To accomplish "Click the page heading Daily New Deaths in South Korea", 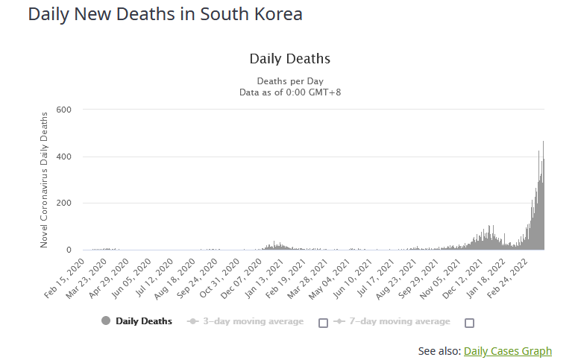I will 165,14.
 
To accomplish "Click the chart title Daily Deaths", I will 289,58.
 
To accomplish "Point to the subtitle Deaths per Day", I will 289,81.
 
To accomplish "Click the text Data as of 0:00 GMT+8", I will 289,92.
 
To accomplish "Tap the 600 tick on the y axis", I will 63,110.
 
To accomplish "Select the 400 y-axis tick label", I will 63,157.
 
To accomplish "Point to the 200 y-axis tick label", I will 63,203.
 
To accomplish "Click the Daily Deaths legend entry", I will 144,321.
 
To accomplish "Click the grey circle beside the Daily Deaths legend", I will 105,321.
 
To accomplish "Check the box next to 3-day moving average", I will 323,323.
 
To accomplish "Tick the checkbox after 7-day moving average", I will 469,323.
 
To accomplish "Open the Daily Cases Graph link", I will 507,351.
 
